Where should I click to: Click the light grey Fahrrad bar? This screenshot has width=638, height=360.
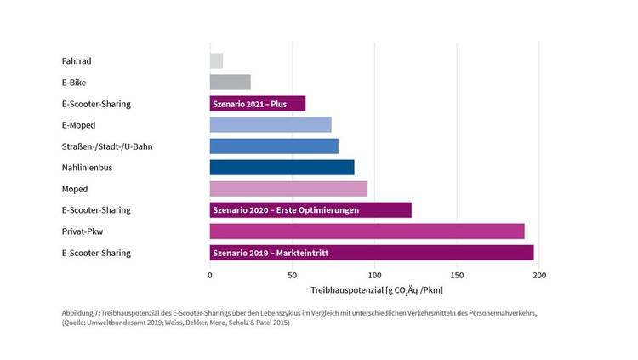coord(216,61)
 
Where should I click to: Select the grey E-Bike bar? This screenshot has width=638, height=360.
coord(230,83)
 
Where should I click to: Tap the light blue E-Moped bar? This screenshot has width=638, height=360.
coord(271,125)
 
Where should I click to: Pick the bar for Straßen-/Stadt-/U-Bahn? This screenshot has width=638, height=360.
coord(274,146)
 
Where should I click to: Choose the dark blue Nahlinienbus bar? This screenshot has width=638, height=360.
coord(282,168)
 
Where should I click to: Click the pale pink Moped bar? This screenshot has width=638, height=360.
coord(288,189)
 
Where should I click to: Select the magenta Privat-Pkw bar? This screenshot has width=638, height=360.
coord(367,231)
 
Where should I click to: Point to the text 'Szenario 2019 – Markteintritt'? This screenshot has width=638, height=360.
coord(271,253)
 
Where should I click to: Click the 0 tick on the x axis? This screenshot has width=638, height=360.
coord(210,276)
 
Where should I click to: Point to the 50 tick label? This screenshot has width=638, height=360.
coord(292,276)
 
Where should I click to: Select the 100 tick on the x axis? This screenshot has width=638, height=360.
coord(374,276)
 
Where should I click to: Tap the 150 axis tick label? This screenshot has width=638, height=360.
coord(457,276)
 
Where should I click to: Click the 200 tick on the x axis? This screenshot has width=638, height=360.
coord(539,276)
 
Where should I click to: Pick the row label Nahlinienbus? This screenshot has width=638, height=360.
coord(87,168)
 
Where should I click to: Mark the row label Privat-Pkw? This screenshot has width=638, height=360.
coord(83,231)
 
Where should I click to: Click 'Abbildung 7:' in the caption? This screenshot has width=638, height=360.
coord(83,313)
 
